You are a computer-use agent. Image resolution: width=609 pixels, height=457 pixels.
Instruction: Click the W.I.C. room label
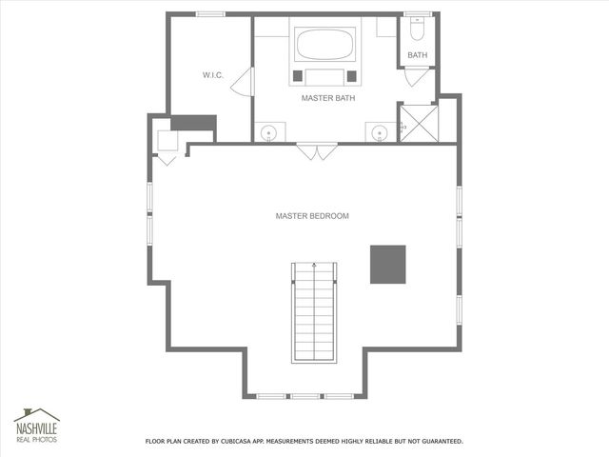click(212, 74)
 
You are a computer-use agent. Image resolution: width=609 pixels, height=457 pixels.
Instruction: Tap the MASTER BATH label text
click(328, 98)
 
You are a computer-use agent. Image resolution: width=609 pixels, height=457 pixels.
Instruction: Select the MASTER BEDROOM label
click(312, 216)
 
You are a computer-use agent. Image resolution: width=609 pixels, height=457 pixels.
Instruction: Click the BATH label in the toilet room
click(418, 55)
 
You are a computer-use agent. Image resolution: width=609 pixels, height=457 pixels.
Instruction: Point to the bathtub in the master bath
click(325, 44)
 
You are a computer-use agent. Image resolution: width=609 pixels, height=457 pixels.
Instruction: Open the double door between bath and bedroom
click(316, 150)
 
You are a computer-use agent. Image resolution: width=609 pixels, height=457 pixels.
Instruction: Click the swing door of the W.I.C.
click(243, 82)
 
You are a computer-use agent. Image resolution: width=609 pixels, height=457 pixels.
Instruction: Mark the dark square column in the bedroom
click(387, 264)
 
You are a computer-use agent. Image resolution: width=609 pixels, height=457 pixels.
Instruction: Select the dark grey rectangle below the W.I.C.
click(194, 124)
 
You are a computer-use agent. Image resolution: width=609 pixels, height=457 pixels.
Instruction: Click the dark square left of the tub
click(298, 75)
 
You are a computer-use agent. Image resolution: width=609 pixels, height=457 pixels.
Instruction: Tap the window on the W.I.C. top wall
click(210, 13)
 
